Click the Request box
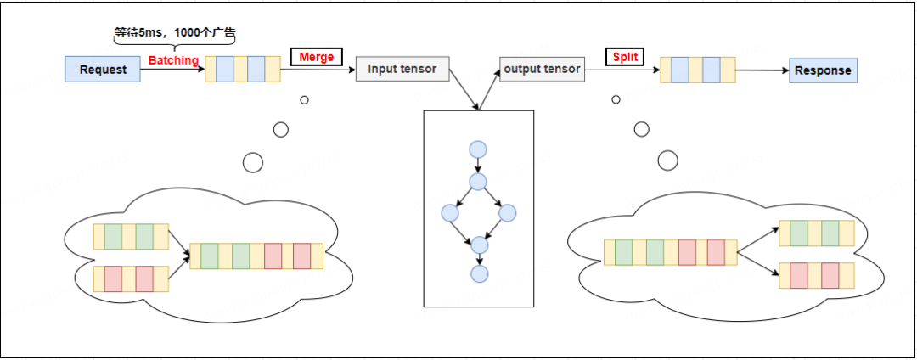click(103, 70)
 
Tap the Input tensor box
click(402, 69)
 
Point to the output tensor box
click(542, 69)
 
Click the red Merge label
click(317, 57)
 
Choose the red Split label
click(625, 57)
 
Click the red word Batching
click(173, 60)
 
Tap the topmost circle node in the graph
click(478, 149)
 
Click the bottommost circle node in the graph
click(479, 273)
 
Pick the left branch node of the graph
click(450, 213)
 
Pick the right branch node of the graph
click(507, 213)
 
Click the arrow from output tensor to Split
click(622, 70)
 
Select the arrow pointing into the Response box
click(762, 70)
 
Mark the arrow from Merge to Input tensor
click(318, 70)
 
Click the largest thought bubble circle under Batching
click(253, 162)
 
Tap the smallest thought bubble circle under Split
click(616, 99)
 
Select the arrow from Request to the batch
click(173, 70)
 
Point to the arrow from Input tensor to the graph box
click(464, 89)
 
